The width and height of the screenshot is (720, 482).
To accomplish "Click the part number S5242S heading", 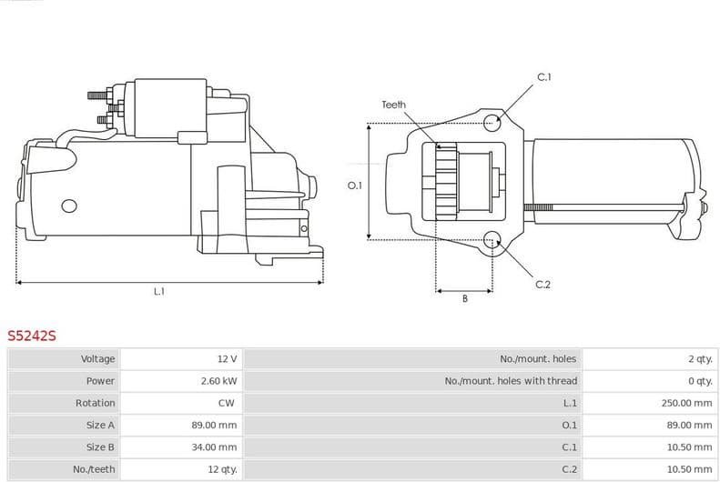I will coord(32,336).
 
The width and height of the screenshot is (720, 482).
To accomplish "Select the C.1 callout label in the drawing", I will coord(543,77).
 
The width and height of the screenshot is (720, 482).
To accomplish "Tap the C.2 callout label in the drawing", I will coord(543,285).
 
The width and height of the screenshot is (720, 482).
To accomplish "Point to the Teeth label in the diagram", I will coord(393,105).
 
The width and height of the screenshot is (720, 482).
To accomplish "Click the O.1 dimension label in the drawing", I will coord(355,186).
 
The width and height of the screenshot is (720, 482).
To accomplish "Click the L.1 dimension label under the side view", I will coord(159,291).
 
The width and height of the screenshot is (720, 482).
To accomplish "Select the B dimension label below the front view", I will coord(464,298).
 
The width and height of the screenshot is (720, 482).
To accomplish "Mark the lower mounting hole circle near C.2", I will coord(492,240).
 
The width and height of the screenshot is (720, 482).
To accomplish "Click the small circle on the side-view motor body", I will coord(68,206).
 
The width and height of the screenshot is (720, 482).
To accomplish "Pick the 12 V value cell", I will coord(227,359).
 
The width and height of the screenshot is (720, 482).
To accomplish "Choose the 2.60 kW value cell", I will coord(218,381).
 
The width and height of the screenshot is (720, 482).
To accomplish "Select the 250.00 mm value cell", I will coord(686,403).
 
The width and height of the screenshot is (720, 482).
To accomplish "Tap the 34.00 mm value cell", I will coord(216,447).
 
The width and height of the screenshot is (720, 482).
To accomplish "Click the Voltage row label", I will coord(97,359).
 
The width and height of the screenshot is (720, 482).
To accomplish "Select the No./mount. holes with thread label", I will coord(511,381).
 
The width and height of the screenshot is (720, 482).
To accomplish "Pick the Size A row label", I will coord(100,425).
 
